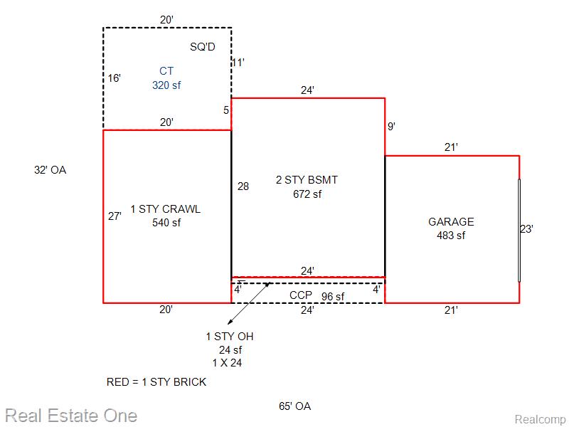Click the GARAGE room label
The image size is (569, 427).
click(x=451, y=221)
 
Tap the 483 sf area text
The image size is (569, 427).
click(x=451, y=236)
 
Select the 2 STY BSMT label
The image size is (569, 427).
click(x=307, y=180)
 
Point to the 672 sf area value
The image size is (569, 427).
click(x=307, y=194)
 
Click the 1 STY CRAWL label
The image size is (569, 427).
click(x=166, y=209)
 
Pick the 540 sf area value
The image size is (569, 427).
click(x=166, y=223)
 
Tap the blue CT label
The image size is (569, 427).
click(x=166, y=70)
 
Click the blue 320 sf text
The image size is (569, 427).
click(x=166, y=85)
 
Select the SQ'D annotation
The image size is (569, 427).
click(x=203, y=46)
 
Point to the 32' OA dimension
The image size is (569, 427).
click(x=50, y=170)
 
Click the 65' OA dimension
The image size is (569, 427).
click(x=294, y=406)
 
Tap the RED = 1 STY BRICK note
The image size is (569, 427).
click(x=156, y=382)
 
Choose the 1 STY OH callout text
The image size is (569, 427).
click(x=230, y=337)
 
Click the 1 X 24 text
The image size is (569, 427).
click(x=227, y=363)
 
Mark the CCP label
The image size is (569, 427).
click(x=301, y=295)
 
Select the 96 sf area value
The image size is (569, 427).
click(x=333, y=297)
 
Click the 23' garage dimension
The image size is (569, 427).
click(x=526, y=229)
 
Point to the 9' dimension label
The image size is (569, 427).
click(x=391, y=127)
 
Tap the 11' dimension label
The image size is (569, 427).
click(x=238, y=63)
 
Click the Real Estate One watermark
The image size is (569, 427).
click(x=71, y=416)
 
